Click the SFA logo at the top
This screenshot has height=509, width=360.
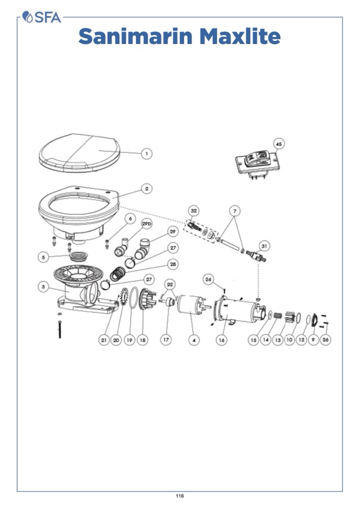41,17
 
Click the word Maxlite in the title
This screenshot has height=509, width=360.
240,36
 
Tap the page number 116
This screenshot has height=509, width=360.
180,496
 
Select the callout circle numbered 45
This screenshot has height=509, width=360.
279,143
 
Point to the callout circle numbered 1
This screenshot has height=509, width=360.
147,153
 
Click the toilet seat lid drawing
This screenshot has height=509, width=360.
80,152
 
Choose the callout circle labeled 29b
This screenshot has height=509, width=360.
147,223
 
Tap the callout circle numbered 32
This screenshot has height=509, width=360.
194,211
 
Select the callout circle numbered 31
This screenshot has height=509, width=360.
264,246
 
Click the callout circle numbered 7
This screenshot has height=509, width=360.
235,211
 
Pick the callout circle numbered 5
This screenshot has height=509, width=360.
44,257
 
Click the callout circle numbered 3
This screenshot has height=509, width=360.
44,287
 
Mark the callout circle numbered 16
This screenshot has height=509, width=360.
221,340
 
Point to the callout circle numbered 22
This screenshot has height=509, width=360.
170,284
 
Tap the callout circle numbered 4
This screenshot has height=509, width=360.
194,340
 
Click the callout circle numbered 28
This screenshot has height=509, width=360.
173,264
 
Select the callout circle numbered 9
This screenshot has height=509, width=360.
313,340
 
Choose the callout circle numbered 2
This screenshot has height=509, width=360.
147,188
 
